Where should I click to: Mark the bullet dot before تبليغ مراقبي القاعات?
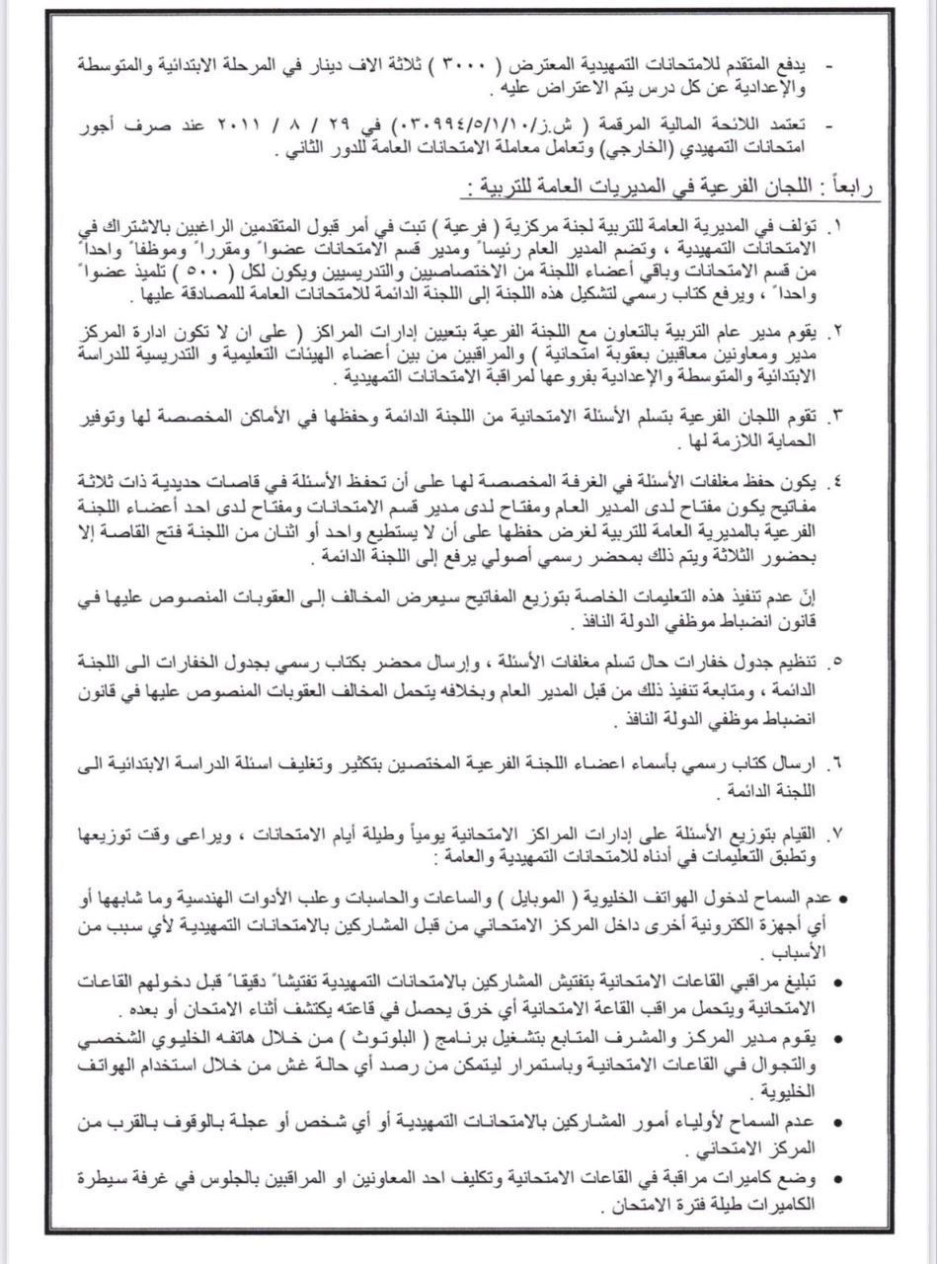click(x=837, y=983)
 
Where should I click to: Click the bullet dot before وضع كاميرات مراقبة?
click(x=837, y=1177)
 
